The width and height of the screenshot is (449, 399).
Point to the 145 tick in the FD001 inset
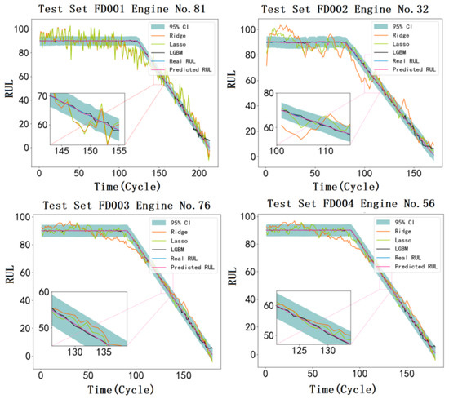[x=62, y=152]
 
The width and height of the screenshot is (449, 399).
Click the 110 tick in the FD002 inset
[x=327, y=152]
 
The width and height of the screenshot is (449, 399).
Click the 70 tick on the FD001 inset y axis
[x=42, y=96]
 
